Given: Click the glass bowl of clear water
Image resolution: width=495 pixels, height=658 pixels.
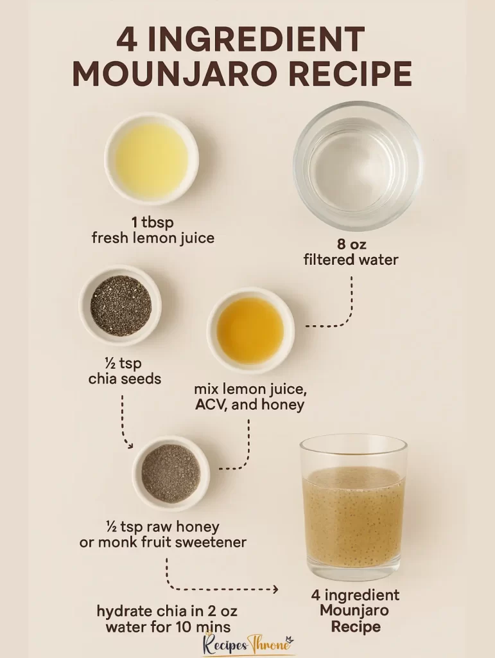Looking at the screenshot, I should click(x=358, y=165).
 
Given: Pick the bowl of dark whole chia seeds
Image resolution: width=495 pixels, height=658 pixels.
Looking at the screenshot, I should click(x=121, y=305).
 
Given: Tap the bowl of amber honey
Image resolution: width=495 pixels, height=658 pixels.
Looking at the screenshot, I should click(x=250, y=330).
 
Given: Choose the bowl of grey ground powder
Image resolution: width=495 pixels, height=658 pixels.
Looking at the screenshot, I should click(x=171, y=473).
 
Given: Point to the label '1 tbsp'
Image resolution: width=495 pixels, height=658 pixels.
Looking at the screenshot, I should click(x=153, y=222).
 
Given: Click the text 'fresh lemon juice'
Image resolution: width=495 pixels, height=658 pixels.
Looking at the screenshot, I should click(x=153, y=238).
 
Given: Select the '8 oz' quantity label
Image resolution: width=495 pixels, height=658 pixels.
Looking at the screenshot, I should click(x=351, y=244).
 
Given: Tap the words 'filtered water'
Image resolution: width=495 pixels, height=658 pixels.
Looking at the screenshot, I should click(x=351, y=260).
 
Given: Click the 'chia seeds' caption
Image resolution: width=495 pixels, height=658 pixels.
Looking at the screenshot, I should click(x=125, y=378).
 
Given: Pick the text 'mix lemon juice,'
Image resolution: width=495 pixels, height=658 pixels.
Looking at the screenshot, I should click(x=250, y=389).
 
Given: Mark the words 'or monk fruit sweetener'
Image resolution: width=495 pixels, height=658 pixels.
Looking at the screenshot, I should click(x=163, y=542).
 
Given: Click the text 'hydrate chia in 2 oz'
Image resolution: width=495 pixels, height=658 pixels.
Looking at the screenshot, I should click(x=167, y=610).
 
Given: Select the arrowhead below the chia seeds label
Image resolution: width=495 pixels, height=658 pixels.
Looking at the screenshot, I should click(x=130, y=444).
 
